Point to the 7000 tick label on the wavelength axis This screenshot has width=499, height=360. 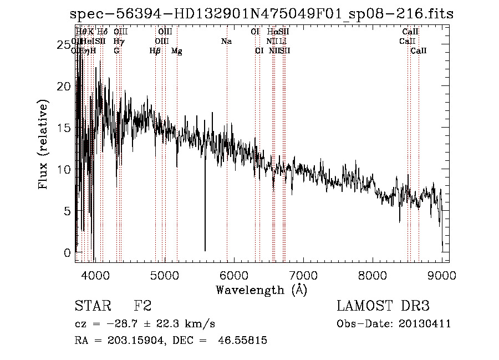[303, 275]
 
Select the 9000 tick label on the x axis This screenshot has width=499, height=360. [442, 275]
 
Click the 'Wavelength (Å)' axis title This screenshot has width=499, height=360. [261, 290]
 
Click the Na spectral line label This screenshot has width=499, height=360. [226, 42]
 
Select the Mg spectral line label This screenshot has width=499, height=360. [176, 51]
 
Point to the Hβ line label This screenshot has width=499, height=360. [155, 51]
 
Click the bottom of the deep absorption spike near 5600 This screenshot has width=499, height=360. [205, 250]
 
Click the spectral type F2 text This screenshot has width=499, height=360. [142, 306]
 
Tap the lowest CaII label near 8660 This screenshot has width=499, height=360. [419, 51]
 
